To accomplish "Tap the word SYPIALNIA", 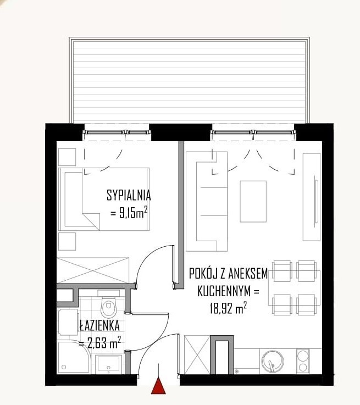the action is coord(129,195).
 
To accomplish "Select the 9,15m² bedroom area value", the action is coord(129,213).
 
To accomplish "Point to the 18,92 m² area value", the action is coord(228,308).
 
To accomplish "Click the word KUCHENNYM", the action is coord(224,291).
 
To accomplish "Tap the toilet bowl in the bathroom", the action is coord(109,307).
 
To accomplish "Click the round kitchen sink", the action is coord(273,361).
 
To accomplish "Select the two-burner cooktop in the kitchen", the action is coord(303,361).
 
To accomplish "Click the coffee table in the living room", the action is coord(253,202).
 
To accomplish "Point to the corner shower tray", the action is coord(74,357).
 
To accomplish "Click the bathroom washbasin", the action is coord(108,364).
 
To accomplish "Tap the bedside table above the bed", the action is coord(67,157).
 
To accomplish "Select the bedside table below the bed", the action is coord(67,241).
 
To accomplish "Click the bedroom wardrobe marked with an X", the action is coord(93,270).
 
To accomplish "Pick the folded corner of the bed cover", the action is coord(91,221).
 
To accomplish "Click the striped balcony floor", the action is coord(190,81).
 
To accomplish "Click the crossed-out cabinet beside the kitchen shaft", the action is coord(197,354).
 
